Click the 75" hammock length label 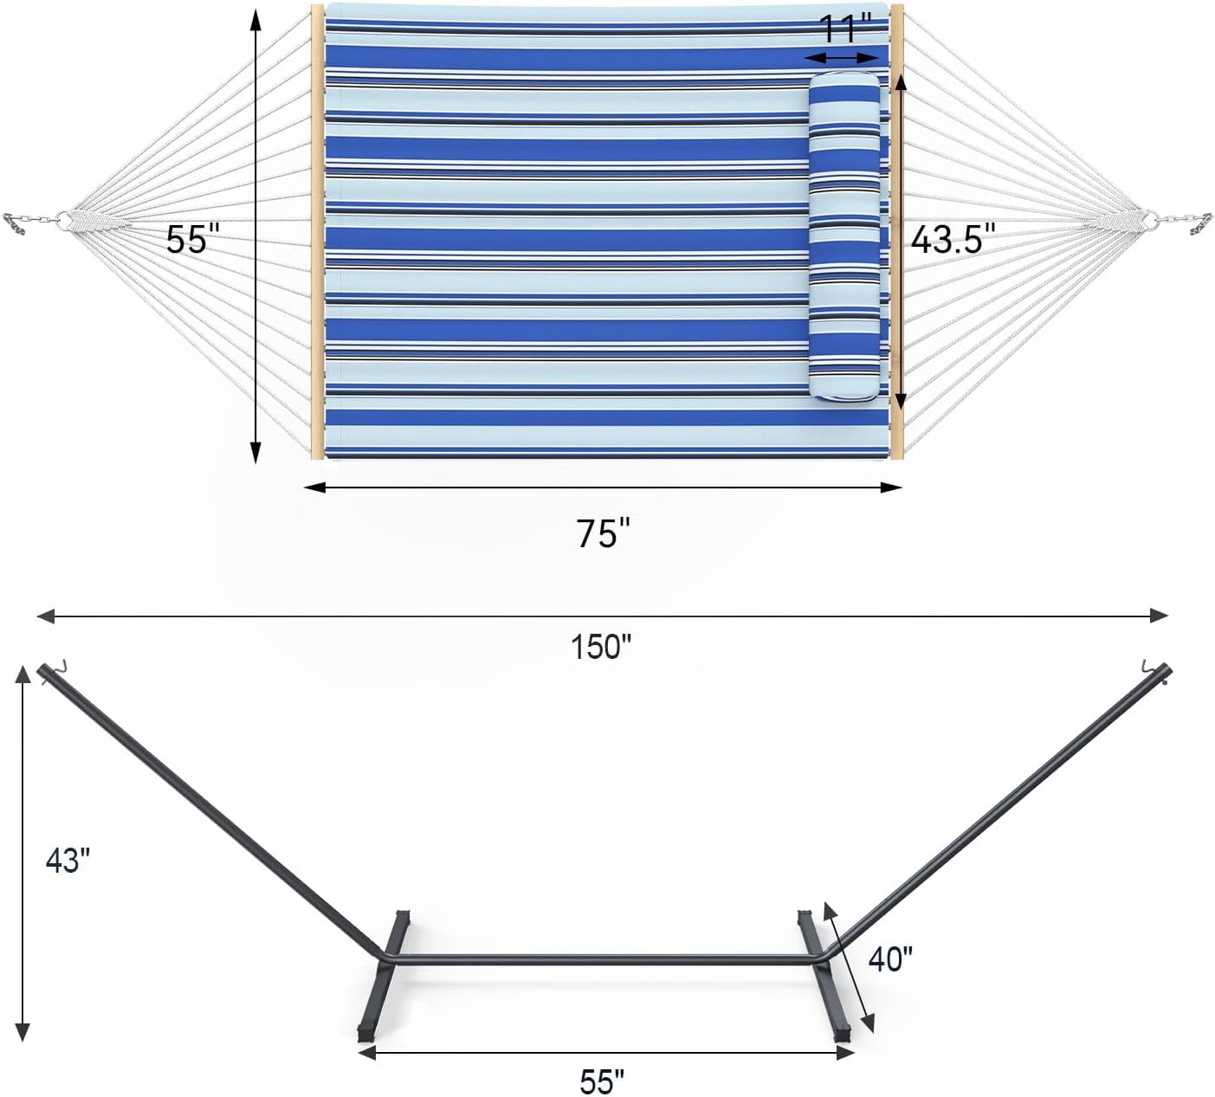click(x=603, y=533)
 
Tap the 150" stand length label click(x=601, y=647)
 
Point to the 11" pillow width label click(x=845, y=29)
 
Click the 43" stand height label click(x=68, y=860)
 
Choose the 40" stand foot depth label click(x=890, y=959)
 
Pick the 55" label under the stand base click(x=602, y=1081)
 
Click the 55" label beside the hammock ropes click(x=189, y=239)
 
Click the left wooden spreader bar click(x=317, y=232)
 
